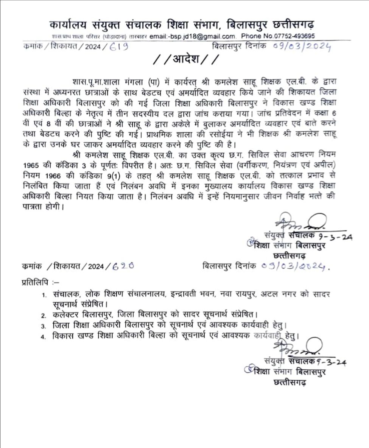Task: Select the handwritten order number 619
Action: pyautogui.click(x=118, y=47)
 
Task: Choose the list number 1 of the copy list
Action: pyautogui.click(x=44, y=295)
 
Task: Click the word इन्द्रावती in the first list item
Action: pyautogui.click(x=188, y=294)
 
